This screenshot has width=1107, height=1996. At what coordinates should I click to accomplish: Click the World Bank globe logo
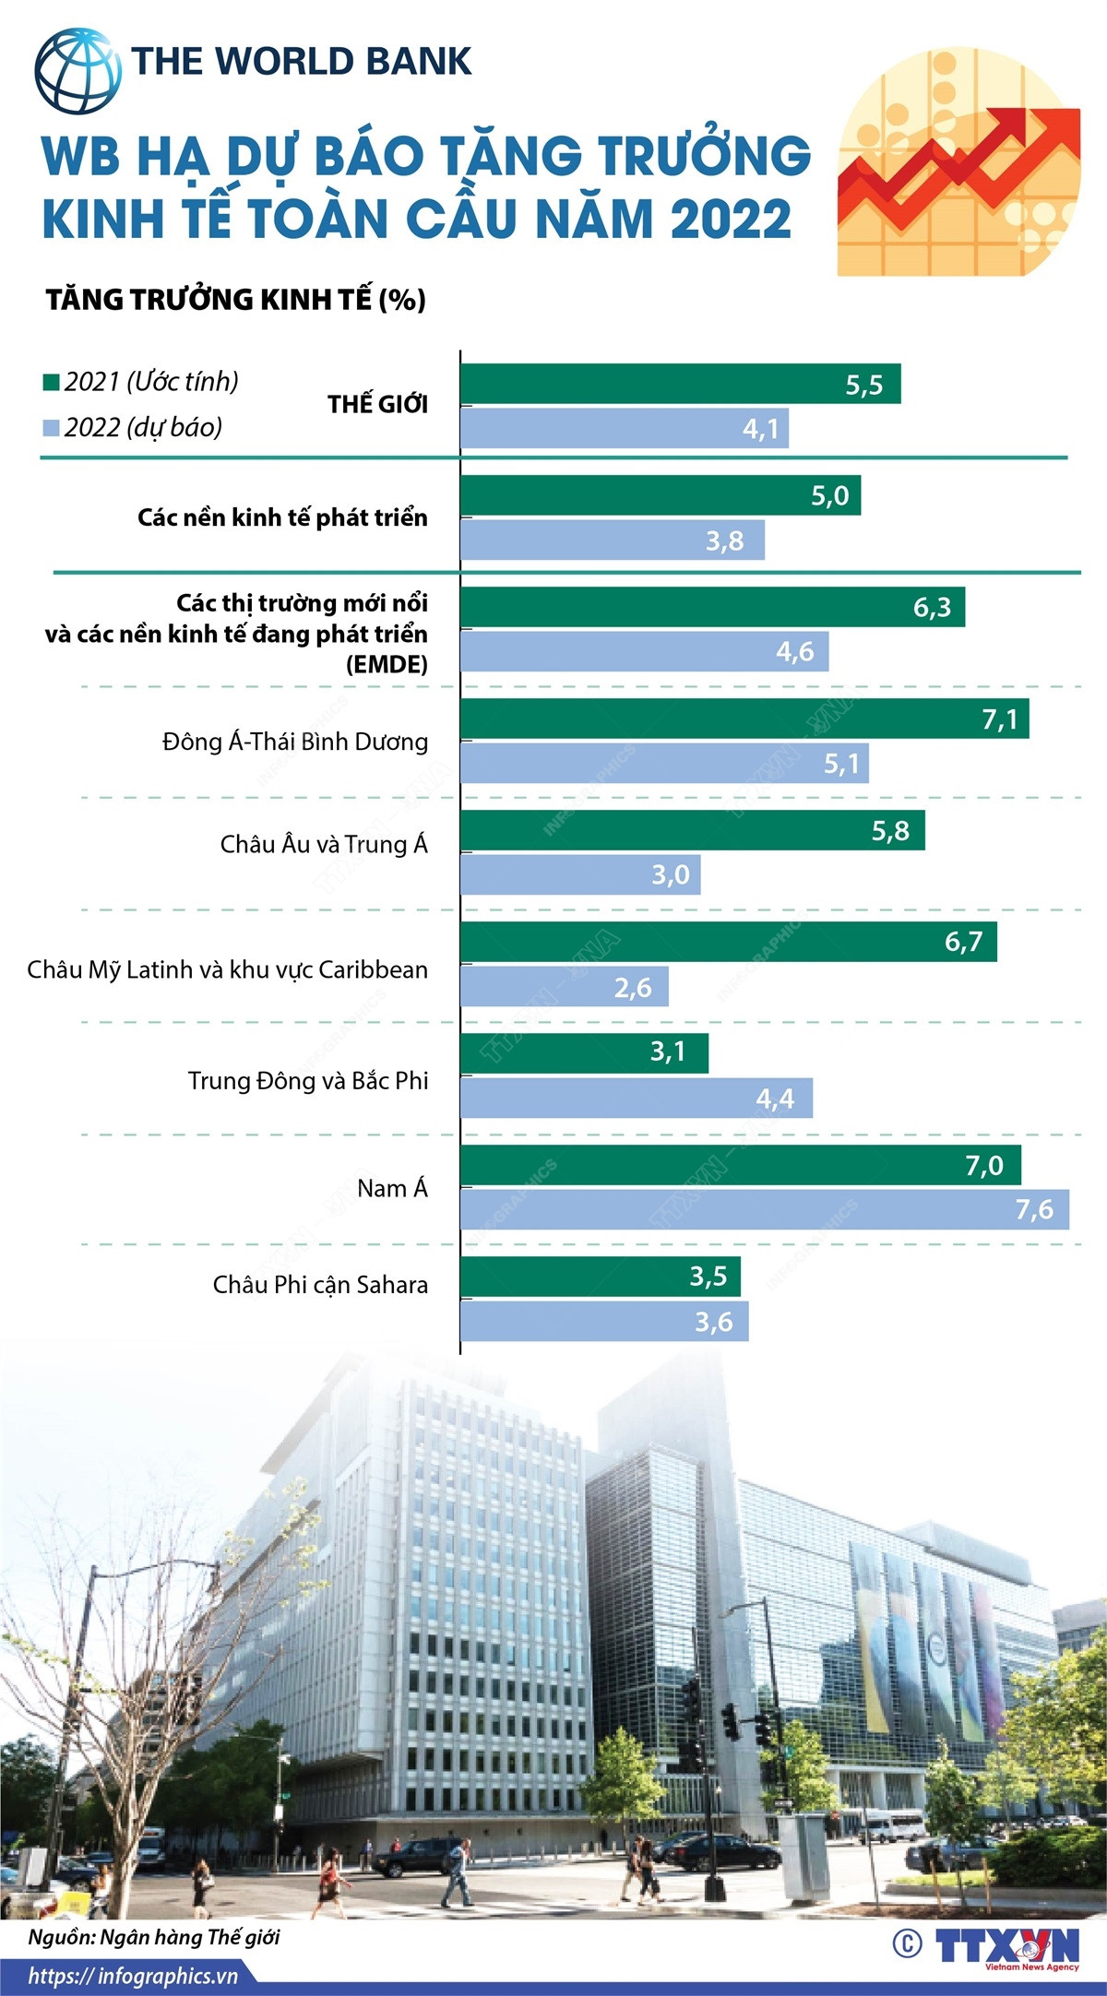coord(77,71)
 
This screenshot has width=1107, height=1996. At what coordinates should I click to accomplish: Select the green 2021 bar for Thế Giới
coord(680,384)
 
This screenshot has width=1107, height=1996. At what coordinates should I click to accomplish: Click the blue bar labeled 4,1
coord(624,429)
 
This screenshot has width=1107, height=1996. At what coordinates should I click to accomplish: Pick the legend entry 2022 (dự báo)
coord(134,428)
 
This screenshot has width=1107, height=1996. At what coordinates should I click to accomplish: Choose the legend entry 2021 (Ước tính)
coord(141,382)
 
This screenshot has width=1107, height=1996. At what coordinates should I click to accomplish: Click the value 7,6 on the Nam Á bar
coord(1033,1209)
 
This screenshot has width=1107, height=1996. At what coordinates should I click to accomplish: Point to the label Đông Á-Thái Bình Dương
coord(295,743)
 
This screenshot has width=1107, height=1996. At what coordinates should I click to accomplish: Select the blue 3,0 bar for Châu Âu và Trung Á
coord(580,874)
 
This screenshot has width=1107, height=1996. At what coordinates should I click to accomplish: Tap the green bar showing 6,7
coord(728,942)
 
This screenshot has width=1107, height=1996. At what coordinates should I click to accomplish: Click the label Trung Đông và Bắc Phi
coord(308,1081)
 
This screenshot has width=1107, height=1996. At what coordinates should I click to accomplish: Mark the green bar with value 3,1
coord(584,1052)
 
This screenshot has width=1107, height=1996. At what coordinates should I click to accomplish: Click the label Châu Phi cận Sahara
coord(320,1285)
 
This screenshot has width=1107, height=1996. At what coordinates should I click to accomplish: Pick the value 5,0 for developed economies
coord(829,496)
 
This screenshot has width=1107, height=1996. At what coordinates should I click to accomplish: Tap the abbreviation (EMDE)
coord(387,664)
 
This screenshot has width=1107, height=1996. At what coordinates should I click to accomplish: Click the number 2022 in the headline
coord(731,220)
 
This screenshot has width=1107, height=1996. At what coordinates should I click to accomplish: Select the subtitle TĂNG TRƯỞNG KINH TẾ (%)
coord(236,300)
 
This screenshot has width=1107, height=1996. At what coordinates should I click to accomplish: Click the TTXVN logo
coord(1006,1947)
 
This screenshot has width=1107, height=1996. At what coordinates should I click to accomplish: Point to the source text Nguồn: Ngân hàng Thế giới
coord(153,1937)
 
